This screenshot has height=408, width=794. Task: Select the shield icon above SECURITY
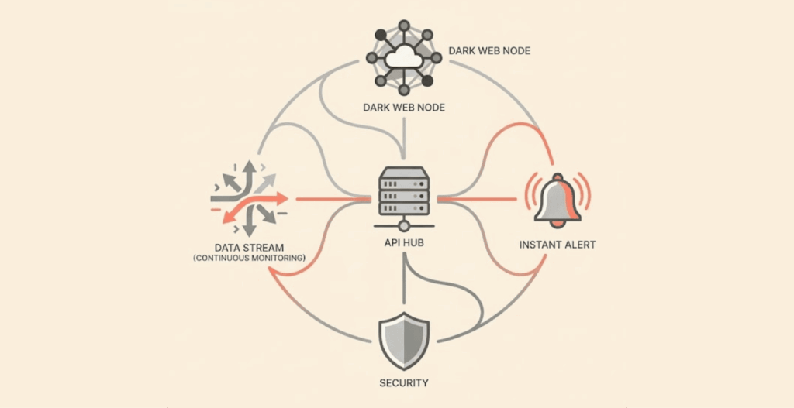402,341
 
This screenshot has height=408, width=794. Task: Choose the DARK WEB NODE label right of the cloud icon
489,52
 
